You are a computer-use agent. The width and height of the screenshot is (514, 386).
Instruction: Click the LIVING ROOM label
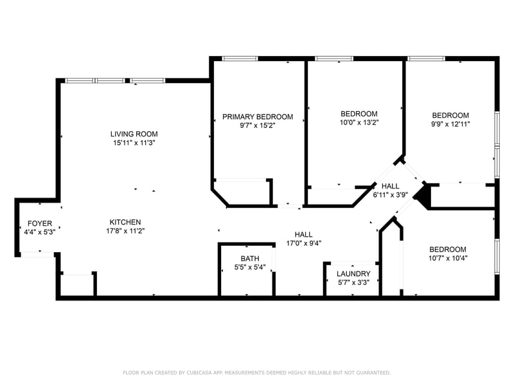pyautogui.click(x=134, y=134)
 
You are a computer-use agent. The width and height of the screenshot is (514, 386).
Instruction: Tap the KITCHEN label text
pyautogui.click(x=125, y=222)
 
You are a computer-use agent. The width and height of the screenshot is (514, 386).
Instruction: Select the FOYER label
pyautogui.click(x=35, y=224)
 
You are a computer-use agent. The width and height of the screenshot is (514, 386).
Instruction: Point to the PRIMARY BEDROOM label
pyautogui.click(x=258, y=116)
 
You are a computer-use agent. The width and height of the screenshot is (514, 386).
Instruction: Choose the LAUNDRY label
pyautogui.click(x=353, y=273)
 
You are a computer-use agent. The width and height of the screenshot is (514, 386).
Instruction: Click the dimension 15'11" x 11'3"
pyautogui.click(x=134, y=143)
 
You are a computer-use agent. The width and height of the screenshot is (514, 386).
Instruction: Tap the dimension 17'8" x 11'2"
pyautogui.click(x=125, y=231)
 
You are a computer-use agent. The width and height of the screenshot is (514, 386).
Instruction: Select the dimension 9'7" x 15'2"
pyautogui.click(x=258, y=125)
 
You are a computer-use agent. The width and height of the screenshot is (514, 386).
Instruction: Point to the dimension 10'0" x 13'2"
pyautogui.click(x=359, y=122)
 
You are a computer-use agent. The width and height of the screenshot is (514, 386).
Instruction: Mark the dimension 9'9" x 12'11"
pyautogui.click(x=450, y=124)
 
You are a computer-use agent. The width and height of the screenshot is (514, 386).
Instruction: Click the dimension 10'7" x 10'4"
pyautogui.click(x=448, y=259)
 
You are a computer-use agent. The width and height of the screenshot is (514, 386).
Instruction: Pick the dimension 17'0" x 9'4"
pyautogui.click(x=303, y=243)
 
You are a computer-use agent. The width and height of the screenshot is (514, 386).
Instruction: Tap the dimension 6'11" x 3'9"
pyautogui.click(x=390, y=195)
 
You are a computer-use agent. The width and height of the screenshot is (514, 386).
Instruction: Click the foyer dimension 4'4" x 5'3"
pyautogui.click(x=35, y=233)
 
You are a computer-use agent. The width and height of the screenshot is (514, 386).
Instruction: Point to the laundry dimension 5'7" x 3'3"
pyautogui.click(x=353, y=282)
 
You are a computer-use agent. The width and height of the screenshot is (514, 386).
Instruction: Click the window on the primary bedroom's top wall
pyautogui.click(x=240, y=59)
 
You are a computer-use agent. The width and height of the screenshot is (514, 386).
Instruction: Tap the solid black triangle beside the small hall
pyautogui.click(x=421, y=194)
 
